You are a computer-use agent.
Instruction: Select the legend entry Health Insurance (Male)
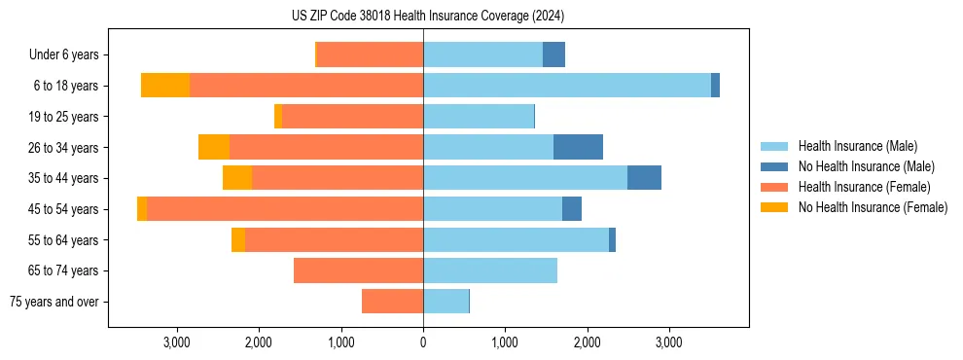click(x=856, y=146)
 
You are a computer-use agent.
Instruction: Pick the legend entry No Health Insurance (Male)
click(x=866, y=166)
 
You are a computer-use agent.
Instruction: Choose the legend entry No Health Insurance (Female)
click(x=873, y=207)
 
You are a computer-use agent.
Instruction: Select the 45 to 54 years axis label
click(x=63, y=209)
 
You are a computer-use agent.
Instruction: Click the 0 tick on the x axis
click(x=423, y=342)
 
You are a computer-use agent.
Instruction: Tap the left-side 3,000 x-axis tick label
click(x=176, y=342)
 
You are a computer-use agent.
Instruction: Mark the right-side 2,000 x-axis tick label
click(x=587, y=342)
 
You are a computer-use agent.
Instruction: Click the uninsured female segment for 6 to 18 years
click(x=165, y=86)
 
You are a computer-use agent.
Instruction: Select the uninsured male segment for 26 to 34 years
click(x=578, y=147)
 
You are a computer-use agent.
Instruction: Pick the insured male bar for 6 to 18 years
click(x=567, y=86)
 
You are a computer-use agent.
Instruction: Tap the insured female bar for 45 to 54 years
click(x=285, y=209)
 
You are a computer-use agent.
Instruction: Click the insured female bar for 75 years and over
click(x=392, y=302)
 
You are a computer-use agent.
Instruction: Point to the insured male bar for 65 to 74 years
click(x=490, y=270)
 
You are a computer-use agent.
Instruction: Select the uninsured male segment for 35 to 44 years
click(x=644, y=178)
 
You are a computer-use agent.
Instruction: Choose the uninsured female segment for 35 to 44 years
click(x=237, y=178)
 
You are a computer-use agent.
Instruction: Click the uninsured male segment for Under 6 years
click(x=553, y=55)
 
